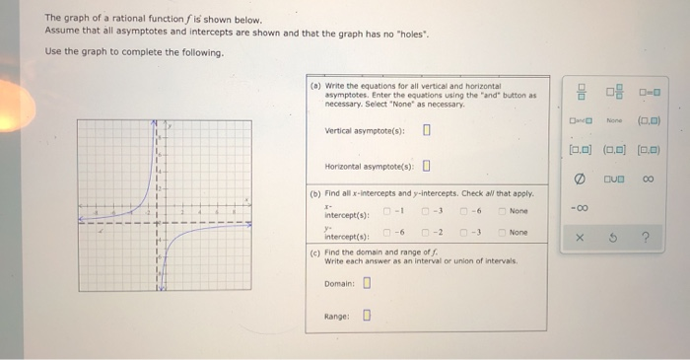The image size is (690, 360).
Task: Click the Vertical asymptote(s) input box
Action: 426,129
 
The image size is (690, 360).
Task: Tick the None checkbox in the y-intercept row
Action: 503,233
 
